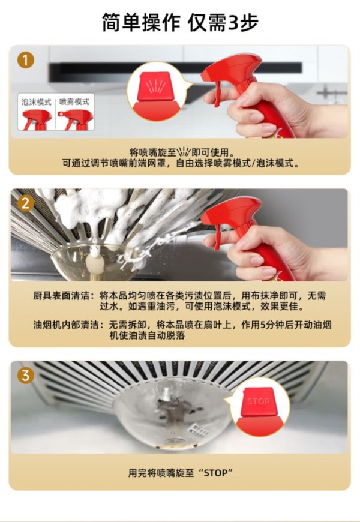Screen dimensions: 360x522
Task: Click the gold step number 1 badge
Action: tap(26, 61)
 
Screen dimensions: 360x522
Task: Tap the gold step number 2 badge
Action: tap(26, 203)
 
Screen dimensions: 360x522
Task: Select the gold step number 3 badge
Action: tap(26, 376)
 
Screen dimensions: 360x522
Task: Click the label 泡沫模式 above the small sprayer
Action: tap(36, 102)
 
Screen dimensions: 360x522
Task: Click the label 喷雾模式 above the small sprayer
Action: tap(74, 102)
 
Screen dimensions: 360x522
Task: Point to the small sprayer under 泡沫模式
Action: tap(37, 119)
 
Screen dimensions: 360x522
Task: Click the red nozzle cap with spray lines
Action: tap(154, 86)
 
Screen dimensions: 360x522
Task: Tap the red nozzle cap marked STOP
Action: tap(258, 401)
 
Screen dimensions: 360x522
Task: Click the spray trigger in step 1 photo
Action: tap(217, 93)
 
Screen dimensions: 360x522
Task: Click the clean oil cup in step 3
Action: tap(173, 416)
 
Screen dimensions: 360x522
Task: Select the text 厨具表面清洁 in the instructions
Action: tap(62, 296)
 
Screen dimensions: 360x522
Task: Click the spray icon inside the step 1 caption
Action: tap(184, 152)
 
